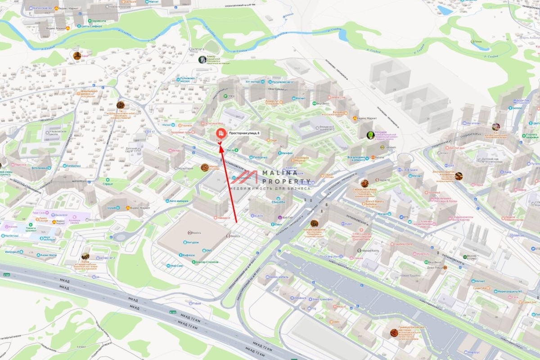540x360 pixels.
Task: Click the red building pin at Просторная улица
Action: (220, 134)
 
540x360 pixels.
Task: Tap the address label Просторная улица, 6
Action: (244, 133)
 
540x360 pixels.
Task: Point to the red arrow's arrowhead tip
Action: (221, 144)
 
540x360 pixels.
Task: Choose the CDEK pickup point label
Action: (231, 95)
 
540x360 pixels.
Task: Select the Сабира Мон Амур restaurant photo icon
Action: (364, 183)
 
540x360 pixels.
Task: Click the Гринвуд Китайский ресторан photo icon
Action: (394, 333)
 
